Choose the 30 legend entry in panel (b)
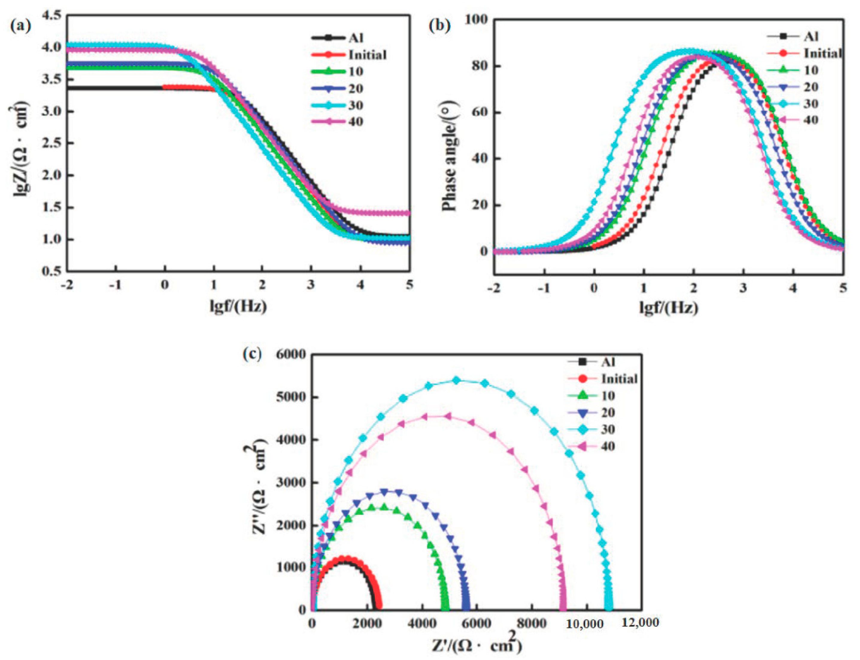811,103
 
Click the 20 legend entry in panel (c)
608,413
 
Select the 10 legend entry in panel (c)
608,396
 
